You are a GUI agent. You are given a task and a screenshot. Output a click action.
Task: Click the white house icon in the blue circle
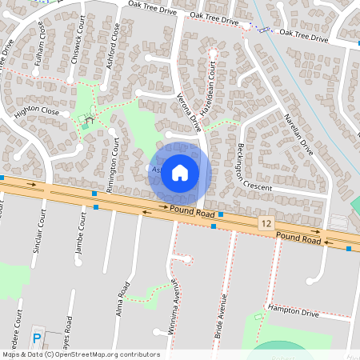(x=180, y=173)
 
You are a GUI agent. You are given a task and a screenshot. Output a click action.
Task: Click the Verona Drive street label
(x=190, y=113)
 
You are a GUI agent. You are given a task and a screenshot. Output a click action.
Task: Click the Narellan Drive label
(x=297, y=132)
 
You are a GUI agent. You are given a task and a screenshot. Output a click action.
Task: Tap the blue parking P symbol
(x=37, y=336)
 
